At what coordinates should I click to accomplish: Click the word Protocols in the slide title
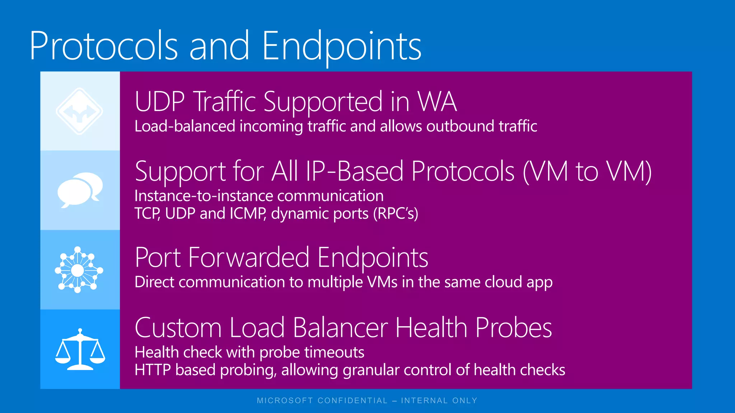[104, 46]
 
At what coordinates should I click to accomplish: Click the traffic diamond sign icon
[80, 111]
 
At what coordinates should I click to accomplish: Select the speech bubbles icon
[80, 190]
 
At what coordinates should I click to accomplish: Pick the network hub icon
[79, 270]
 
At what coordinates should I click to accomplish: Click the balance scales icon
[80, 350]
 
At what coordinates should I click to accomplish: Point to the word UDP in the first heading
[160, 102]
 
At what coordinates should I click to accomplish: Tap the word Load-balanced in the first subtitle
[185, 126]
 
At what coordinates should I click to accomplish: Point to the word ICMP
[248, 214]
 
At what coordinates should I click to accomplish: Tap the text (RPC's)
[395, 214]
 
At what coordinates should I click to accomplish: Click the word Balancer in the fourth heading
[340, 328]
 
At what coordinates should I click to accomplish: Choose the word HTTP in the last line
[153, 370]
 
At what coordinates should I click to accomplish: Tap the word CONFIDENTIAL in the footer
[352, 400]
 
